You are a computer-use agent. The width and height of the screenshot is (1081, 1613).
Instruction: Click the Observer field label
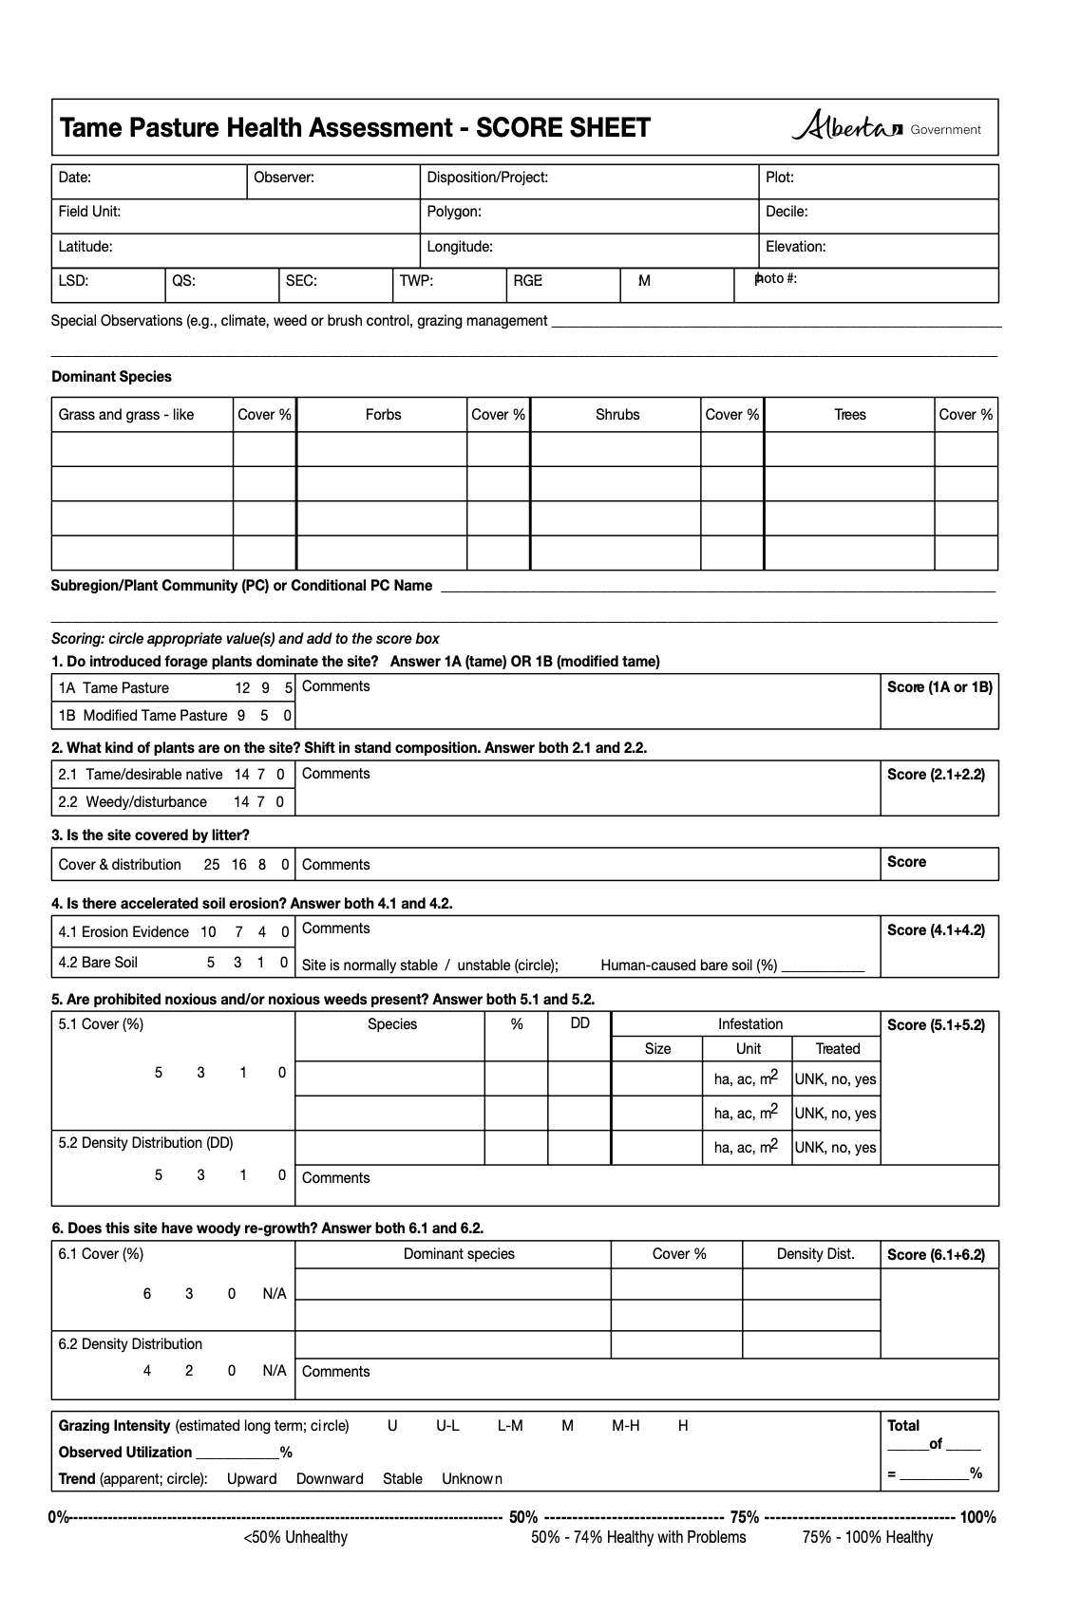[283, 178]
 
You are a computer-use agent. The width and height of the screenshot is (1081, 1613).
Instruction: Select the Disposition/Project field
[487, 178]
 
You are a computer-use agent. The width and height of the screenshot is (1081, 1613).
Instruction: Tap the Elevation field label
[795, 247]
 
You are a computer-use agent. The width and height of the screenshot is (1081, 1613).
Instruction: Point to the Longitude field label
[460, 247]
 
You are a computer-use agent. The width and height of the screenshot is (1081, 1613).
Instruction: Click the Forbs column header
[383, 415]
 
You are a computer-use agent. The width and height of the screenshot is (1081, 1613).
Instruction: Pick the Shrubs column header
[617, 415]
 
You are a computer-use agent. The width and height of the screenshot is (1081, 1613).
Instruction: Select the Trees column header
[850, 415]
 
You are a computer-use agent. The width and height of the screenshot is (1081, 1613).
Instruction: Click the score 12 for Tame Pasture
[242, 688]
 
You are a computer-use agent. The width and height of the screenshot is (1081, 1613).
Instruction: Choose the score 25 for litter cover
[212, 865]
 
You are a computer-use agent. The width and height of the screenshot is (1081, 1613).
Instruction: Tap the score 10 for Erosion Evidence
[208, 932]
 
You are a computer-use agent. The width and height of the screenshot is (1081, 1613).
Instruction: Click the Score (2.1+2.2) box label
[936, 775]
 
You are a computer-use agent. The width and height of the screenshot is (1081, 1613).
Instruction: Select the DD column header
[580, 1023]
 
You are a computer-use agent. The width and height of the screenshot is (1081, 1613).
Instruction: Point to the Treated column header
[838, 1049]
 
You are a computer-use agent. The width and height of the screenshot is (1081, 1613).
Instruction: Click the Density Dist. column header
[815, 1254]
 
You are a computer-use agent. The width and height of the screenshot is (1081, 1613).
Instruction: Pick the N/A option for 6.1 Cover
[275, 1294]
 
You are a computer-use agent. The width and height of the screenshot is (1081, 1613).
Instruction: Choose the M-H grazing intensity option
[626, 1426]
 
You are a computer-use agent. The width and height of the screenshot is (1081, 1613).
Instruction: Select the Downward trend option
[330, 1479]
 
